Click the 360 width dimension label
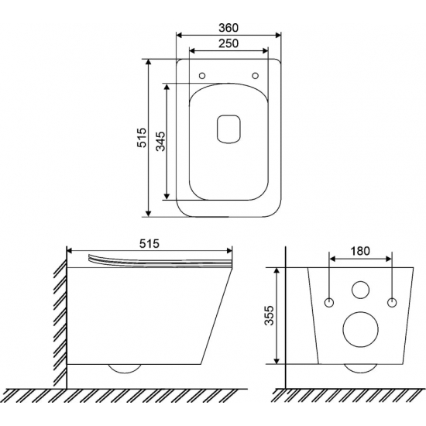(x=228, y=28)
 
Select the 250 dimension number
(x=228, y=43)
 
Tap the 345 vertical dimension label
(x=160, y=141)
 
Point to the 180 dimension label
(x=360, y=251)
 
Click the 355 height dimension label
(x=270, y=315)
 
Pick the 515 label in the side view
(x=149, y=244)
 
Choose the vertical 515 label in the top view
(x=142, y=138)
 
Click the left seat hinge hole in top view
(x=202, y=76)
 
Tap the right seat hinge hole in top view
(x=255, y=76)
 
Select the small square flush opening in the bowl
(x=228, y=129)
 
